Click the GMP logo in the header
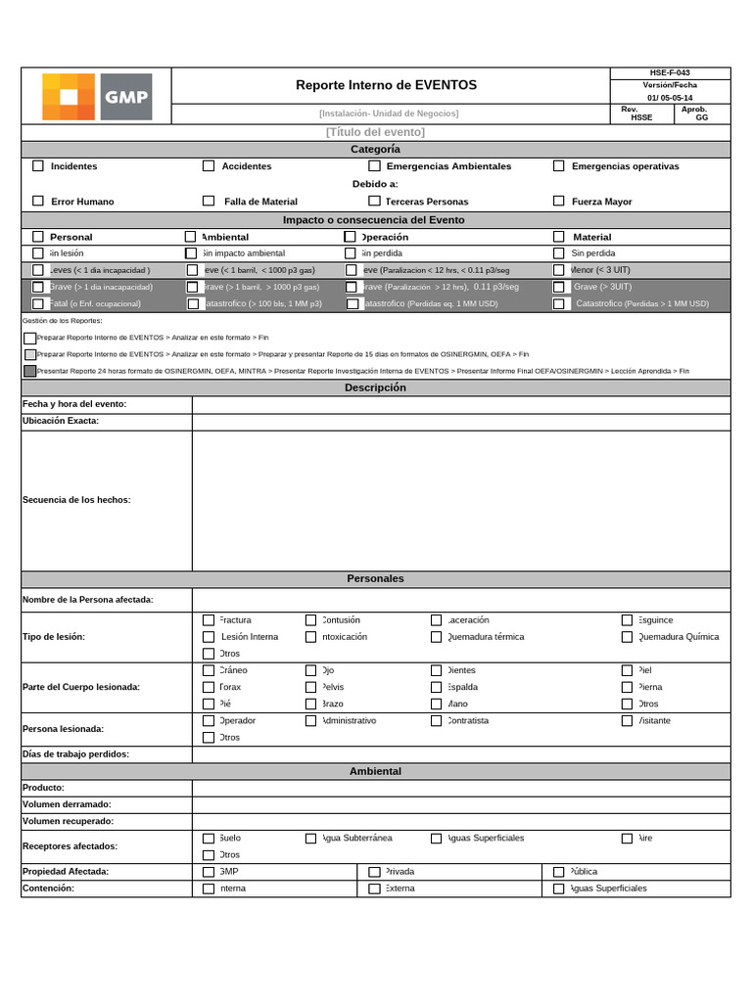tap(97, 96)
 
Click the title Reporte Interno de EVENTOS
tap(386, 85)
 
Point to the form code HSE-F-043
tap(670, 72)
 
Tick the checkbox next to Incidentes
tap(38, 166)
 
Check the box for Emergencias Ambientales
tap(374, 166)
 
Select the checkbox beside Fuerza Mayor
tap(559, 201)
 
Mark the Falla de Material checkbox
tap(209, 201)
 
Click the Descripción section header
tap(375, 387)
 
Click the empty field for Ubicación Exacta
tap(460, 422)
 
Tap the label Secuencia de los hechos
tap(76, 500)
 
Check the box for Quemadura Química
tap(628, 637)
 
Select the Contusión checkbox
tap(311, 620)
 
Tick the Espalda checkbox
tap(437, 687)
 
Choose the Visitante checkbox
tap(628, 721)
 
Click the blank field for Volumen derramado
tap(460, 804)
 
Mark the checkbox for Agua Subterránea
tap(311, 839)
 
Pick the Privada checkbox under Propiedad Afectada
tap(374, 872)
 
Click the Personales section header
tap(375, 579)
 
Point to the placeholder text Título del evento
tap(375, 132)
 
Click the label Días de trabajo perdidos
tap(75, 754)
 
